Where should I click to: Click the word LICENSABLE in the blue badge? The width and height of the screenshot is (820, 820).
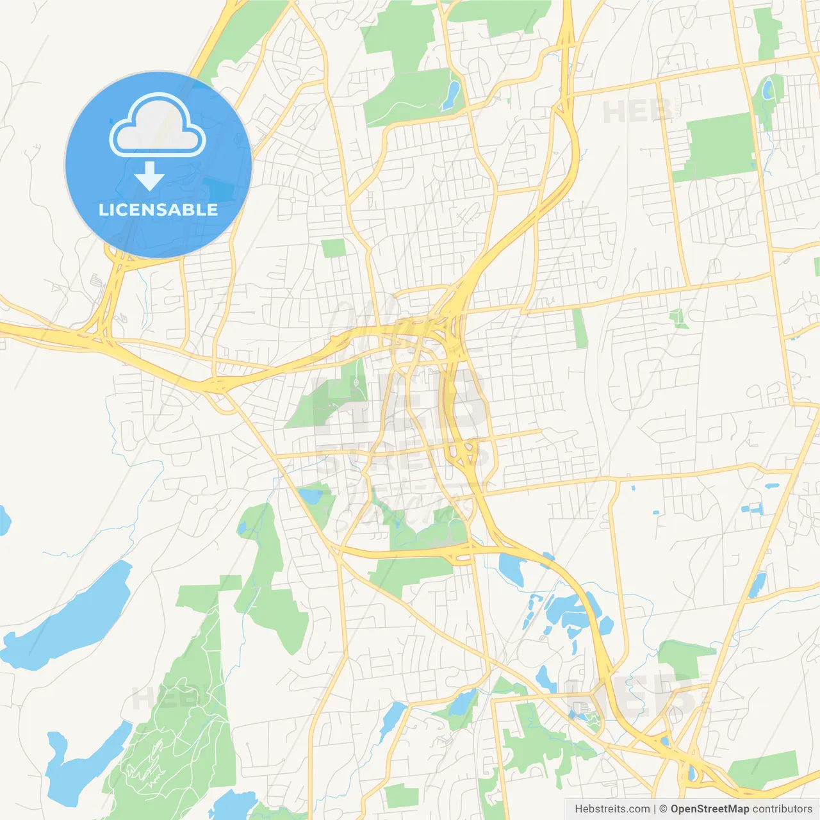click(x=158, y=209)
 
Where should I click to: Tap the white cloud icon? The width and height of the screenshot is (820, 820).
click(x=158, y=126)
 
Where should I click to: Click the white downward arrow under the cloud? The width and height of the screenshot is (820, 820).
click(x=149, y=176)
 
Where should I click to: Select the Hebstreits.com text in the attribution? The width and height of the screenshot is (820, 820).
click(x=612, y=809)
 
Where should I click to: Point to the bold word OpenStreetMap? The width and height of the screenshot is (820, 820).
click(x=710, y=809)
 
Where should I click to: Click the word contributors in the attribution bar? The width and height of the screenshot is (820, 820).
click(x=782, y=809)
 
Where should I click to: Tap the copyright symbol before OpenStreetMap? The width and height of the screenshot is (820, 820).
click(x=664, y=809)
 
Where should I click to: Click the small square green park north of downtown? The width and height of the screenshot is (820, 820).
click(x=333, y=248)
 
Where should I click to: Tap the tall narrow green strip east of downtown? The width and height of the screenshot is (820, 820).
click(x=580, y=329)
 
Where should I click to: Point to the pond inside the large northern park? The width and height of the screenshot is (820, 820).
click(x=452, y=94)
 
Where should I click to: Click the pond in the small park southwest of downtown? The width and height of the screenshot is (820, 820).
click(x=313, y=495)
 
